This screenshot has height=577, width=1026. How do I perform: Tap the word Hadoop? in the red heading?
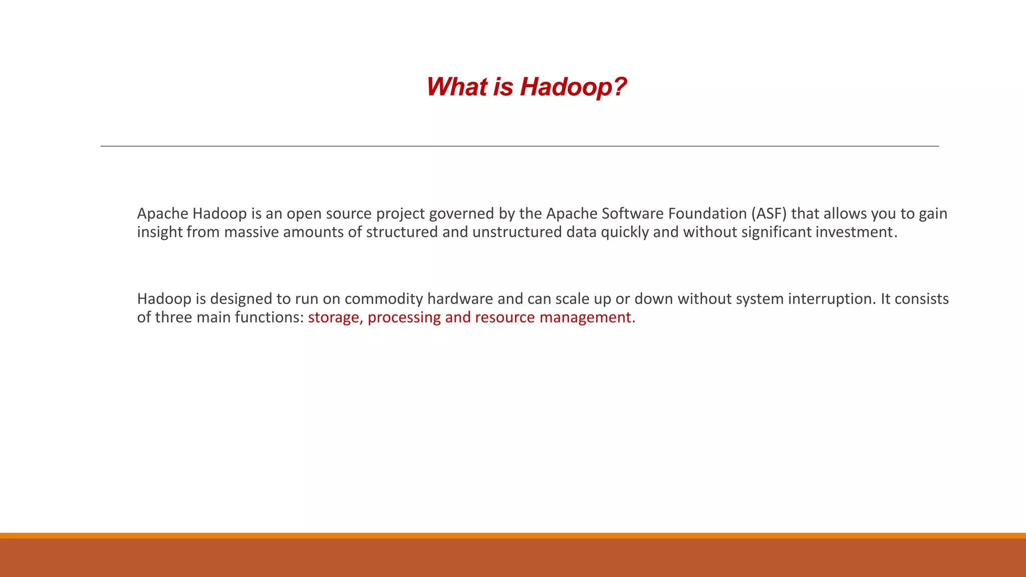(573, 87)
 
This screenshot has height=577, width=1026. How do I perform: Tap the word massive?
(251, 232)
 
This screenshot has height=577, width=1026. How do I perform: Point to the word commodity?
(384, 299)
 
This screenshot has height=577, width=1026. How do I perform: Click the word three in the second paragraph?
(173, 318)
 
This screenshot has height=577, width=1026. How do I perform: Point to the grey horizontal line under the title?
(520, 146)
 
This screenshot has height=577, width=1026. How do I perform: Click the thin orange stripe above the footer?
(513, 535)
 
